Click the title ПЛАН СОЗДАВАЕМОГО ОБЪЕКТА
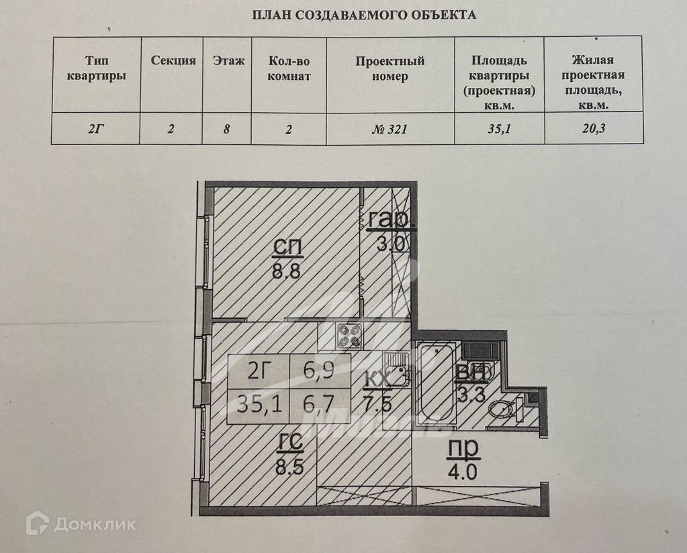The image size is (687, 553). coord(363,15)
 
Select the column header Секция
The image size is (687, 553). coord(173,60)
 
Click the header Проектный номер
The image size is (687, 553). coord(390,68)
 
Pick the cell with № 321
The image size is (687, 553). coord(390,130)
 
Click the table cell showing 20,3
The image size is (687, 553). coord(593,130)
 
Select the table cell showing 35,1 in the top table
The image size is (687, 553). coord(499,130)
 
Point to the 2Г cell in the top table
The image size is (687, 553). coord(96,130)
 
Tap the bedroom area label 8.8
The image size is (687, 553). coord(287,273)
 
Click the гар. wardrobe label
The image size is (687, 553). coord(389,219)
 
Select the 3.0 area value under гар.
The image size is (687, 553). coord(390,242)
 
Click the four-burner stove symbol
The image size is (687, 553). coord(349,336)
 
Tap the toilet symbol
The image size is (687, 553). coord(500,408)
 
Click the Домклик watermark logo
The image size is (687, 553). coord(81,523)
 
